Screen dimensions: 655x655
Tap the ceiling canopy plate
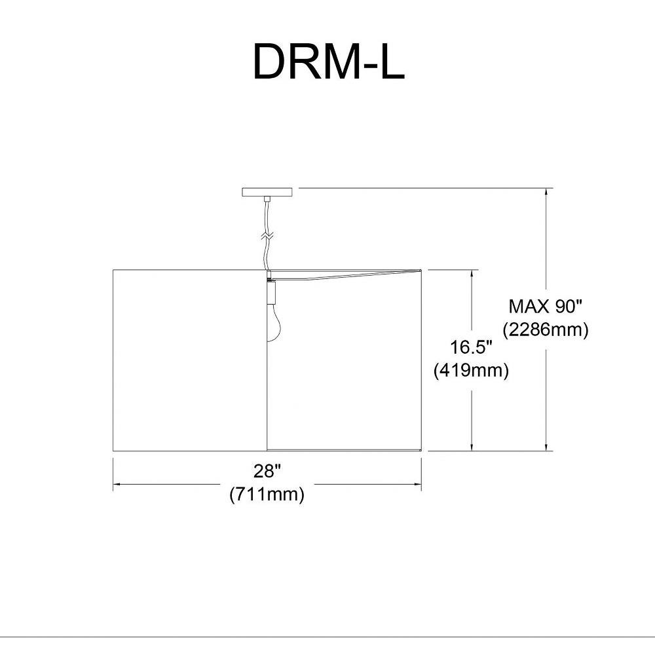tap(267, 192)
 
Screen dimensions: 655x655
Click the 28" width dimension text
tap(267, 471)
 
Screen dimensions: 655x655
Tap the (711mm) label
tap(267, 494)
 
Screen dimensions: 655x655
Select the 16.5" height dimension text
tap(471, 347)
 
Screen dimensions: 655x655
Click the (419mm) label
tap(471, 370)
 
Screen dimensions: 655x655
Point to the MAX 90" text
tap(546, 307)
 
